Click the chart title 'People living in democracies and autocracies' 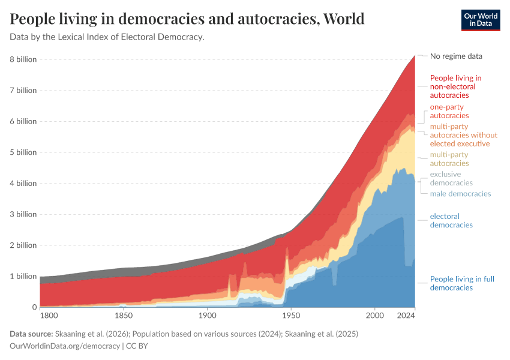click(x=187, y=19)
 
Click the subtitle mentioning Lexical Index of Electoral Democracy click(x=107, y=37)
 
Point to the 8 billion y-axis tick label click(x=23, y=59)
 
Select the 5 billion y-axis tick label click(x=23, y=152)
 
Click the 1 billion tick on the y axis click(x=23, y=277)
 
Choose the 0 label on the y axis click(x=34, y=307)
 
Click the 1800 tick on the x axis click(x=49, y=315)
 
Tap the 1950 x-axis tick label click(x=291, y=315)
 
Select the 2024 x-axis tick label click(x=406, y=315)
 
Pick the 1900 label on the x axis click(x=207, y=315)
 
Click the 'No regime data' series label click(x=456, y=56)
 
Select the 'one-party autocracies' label click(x=449, y=111)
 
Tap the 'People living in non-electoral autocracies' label click(x=455, y=86)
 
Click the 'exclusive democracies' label click(x=451, y=178)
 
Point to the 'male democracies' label click(x=460, y=194)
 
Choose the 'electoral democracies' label click(x=451, y=220)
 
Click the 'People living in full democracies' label click(x=462, y=283)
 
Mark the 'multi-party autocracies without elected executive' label click(x=460, y=135)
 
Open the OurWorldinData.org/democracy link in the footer click(x=65, y=346)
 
